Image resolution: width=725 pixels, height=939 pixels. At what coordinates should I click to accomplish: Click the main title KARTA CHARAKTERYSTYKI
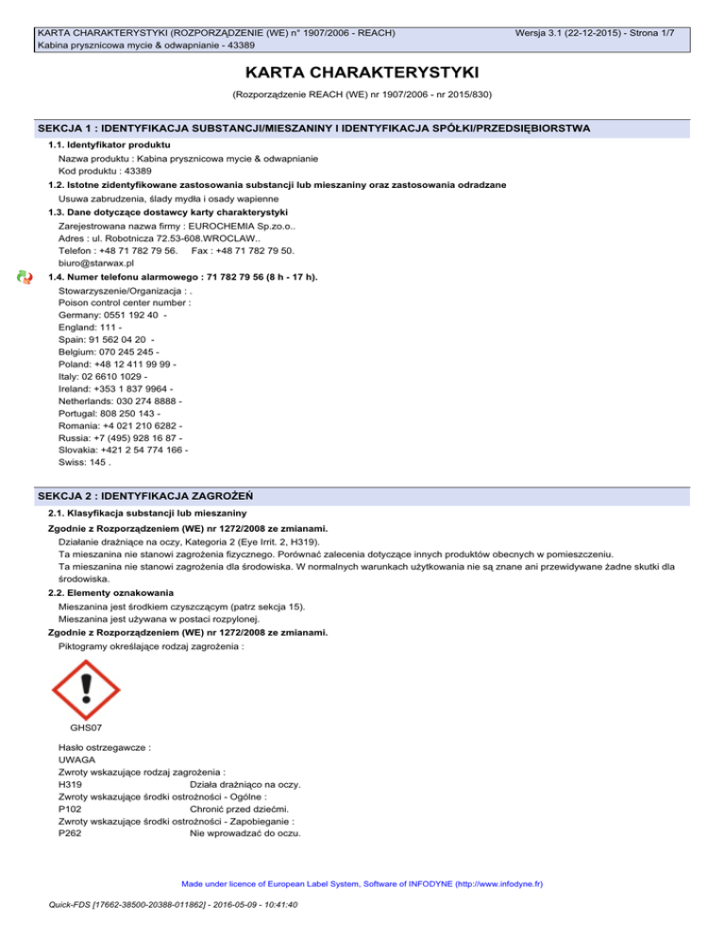coord(362,73)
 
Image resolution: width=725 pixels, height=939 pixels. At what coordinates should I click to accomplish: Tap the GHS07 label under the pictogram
coord(87,728)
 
